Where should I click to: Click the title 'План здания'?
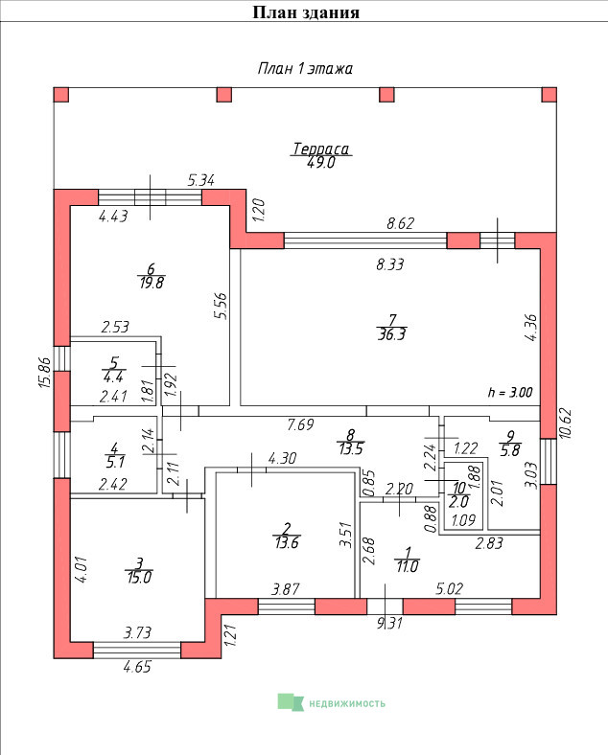(306, 12)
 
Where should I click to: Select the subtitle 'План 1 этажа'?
(305, 68)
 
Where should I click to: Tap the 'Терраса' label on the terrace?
(321, 149)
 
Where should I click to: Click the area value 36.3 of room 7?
(391, 334)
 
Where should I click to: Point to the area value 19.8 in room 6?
(152, 282)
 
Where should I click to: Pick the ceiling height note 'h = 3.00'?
(510, 392)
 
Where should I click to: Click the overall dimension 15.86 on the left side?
(44, 372)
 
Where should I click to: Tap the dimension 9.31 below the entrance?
(389, 623)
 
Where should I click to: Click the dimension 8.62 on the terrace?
(400, 223)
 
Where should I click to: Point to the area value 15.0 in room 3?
(139, 577)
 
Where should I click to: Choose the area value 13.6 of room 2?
(287, 542)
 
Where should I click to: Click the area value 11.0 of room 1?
(408, 566)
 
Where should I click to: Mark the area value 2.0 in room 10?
(458, 502)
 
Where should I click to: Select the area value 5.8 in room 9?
(510, 449)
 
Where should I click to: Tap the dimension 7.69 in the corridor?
(300, 424)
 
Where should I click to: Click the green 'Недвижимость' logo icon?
(291, 702)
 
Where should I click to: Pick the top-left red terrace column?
(60, 94)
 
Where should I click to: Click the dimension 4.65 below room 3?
(137, 667)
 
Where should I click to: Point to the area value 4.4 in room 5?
(113, 376)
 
